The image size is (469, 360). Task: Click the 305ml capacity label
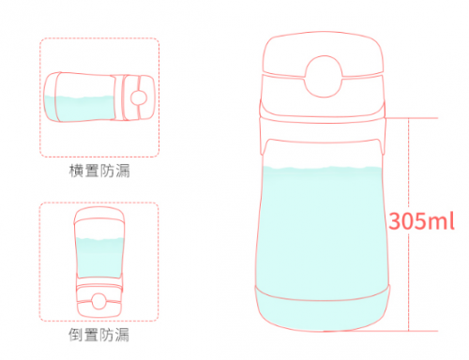click(x=421, y=221)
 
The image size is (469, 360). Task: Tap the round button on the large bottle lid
click(x=324, y=76)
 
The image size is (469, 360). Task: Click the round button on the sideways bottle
click(x=139, y=97)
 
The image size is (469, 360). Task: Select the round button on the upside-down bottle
click(x=98, y=301)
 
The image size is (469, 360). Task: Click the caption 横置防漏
click(x=99, y=171)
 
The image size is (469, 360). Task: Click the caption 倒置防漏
click(x=98, y=335)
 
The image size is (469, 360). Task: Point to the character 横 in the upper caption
click(x=76, y=171)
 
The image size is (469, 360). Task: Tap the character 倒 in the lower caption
click(x=76, y=335)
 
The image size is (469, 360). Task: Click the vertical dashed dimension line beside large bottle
click(x=408, y=224)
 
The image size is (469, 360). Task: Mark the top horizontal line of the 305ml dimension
click(x=411, y=118)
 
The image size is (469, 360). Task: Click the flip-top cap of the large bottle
click(x=323, y=54)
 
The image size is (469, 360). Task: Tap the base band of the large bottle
click(x=323, y=309)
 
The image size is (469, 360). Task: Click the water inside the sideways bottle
click(x=80, y=108)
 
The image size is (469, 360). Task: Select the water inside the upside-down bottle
click(x=99, y=258)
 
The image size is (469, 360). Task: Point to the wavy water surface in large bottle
click(x=323, y=169)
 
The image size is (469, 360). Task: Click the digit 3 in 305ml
click(x=396, y=221)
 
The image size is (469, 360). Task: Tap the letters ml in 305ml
click(x=442, y=221)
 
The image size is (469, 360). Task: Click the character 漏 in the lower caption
click(x=122, y=335)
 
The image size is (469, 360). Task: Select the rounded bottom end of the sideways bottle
click(x=50, y=97)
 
